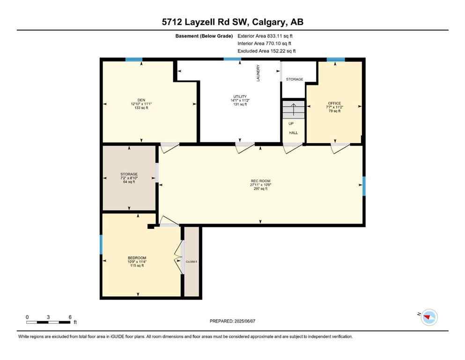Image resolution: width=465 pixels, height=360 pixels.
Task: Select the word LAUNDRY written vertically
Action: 258,74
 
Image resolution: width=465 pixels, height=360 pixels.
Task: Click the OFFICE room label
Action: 334,103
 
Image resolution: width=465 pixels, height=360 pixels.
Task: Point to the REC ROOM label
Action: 260,181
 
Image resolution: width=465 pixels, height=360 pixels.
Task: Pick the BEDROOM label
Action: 137,258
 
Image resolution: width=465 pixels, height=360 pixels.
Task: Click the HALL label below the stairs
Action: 293,133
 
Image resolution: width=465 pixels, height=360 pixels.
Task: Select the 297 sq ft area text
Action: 260,188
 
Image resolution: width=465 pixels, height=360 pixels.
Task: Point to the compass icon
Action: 428,317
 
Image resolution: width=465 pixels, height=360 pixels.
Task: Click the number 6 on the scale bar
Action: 70,317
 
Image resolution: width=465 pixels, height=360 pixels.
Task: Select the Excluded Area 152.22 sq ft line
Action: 266,51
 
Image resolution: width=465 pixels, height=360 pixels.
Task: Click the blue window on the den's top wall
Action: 134,60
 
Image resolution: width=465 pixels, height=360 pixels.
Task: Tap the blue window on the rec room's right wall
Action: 363,186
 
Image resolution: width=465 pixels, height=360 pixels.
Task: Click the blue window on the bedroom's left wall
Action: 101,244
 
